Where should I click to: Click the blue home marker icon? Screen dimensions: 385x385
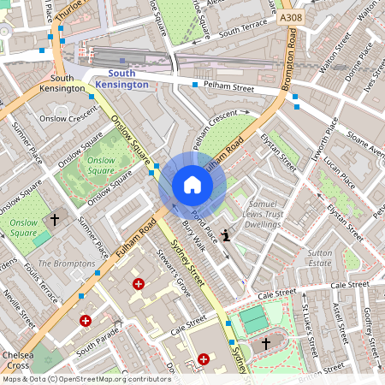tap(192, 185)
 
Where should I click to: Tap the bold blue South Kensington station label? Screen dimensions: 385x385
tap(121, 79)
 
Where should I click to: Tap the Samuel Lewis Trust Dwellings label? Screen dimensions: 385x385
tap(257, 211)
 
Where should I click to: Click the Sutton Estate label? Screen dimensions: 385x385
tap(319, 259)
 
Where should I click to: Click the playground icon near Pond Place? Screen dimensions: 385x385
tap(226, 235)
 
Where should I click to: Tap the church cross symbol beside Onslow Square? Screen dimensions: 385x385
tap(55, 219)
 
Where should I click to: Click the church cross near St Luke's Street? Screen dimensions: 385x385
tap(266, 343)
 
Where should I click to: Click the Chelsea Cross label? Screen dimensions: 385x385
tap(18, 360)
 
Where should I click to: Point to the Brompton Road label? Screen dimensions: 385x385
tap(292, 60)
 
